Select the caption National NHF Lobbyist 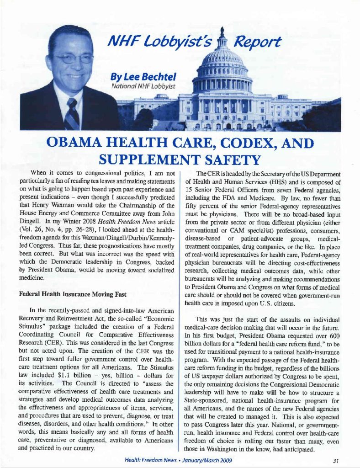point(138,85)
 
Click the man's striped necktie point(71,114)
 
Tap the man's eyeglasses point(73,58)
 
